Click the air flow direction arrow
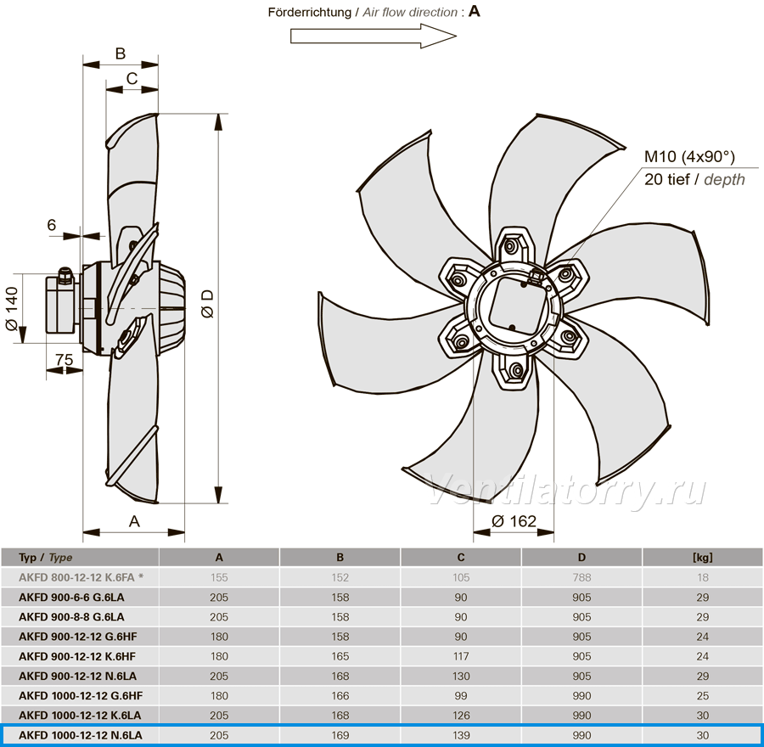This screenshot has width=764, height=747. (x=374, y=36)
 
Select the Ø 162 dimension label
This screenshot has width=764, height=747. (x=514, y=521)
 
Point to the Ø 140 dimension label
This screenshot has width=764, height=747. (x=11, y=308)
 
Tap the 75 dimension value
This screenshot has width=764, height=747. (x=64, y=360)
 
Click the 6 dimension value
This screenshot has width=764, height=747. (x=52, y=225)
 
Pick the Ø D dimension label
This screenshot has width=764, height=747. (x=208, y=304)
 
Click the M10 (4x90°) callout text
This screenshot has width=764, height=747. (x=689, y=156)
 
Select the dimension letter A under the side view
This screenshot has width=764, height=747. (x=134, y=521)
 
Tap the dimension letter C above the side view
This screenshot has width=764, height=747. (x=132, y=78)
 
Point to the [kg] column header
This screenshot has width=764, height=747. (x=702, y=558)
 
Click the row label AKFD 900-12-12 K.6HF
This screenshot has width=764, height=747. (x=77, y=656)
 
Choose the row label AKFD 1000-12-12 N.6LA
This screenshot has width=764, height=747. (x=81, y=735)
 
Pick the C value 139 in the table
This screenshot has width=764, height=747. (x=461, y=735)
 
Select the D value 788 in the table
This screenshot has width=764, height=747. (x=581, y=577)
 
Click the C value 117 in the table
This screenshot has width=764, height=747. (x=461, y=656)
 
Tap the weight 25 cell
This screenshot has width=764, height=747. (x=702, y=696)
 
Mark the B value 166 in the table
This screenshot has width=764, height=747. (x=340, y=696)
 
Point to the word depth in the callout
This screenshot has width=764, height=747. (x=724, y=180)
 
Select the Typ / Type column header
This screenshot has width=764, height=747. (x=45, y=558)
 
